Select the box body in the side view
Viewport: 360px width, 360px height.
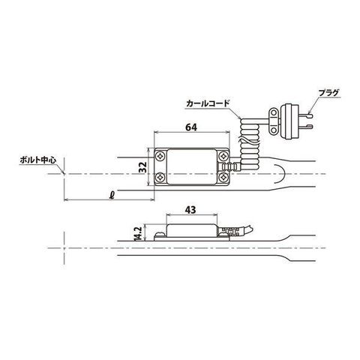click(x=193, y=229)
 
